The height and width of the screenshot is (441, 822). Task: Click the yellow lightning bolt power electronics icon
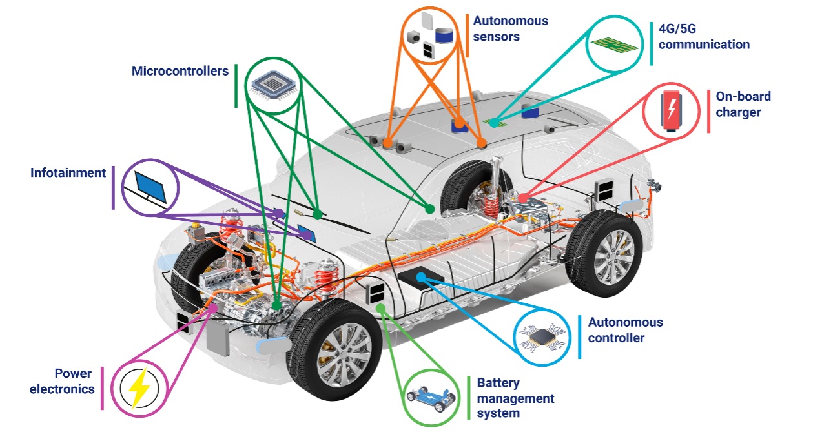point(139,387)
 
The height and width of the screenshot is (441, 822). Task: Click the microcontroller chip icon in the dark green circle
point(271,86)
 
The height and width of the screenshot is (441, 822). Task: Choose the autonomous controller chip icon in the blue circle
point(542,336)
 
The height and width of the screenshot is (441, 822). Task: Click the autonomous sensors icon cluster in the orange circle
point(431,37)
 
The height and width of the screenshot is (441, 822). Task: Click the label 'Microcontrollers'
point(180,71)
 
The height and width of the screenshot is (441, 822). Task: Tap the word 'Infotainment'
point(68,173)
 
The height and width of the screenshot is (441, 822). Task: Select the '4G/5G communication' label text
point(704,37)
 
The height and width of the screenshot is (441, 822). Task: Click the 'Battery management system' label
point(515,398)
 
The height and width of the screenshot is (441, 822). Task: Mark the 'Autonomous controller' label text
point(625,329)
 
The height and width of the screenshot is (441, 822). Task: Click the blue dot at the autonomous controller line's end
point(420,278)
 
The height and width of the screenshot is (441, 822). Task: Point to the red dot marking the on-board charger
point(522,196)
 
